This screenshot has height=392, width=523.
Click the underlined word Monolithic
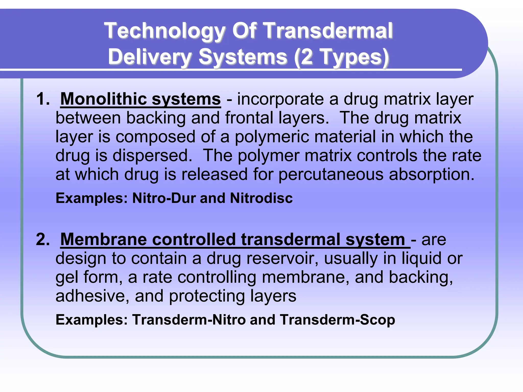pos(103,99)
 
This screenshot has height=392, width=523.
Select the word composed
pos(156,137)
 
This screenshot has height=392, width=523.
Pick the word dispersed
pos(152,156)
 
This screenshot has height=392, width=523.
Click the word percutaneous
pos(331,175)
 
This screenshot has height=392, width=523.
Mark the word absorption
pos(432,175)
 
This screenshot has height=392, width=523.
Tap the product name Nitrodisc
pos(261,198)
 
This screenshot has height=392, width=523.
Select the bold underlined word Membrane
pos(103,240)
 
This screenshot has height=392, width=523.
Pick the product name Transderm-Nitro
pos(189,320)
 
